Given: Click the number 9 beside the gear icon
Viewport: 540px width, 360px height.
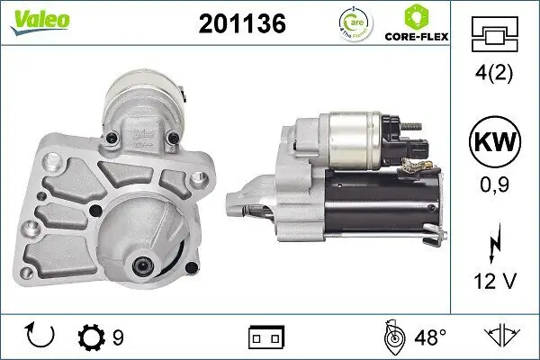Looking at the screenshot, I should click(117, 337).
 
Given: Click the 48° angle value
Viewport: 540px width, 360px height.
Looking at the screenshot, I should click(430, 337).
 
